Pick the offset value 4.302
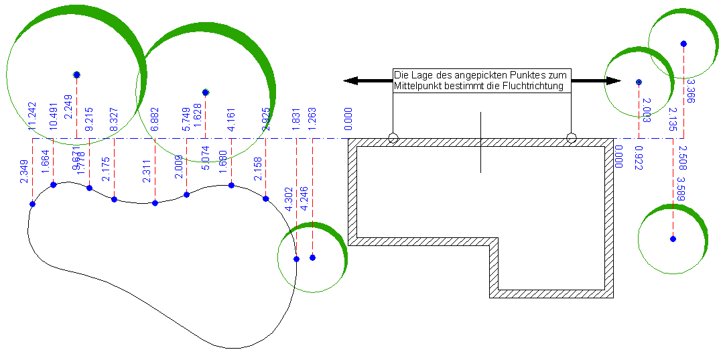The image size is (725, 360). [288, 199]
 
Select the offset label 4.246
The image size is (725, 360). [304, 199]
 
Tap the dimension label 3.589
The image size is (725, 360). [681, 190]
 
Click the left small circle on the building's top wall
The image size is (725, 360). [393, 138]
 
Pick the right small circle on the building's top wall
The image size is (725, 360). [571, 138]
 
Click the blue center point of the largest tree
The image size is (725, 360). [77, 74]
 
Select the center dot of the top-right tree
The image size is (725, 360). [683, 44]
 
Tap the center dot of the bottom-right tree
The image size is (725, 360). [673, 239]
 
